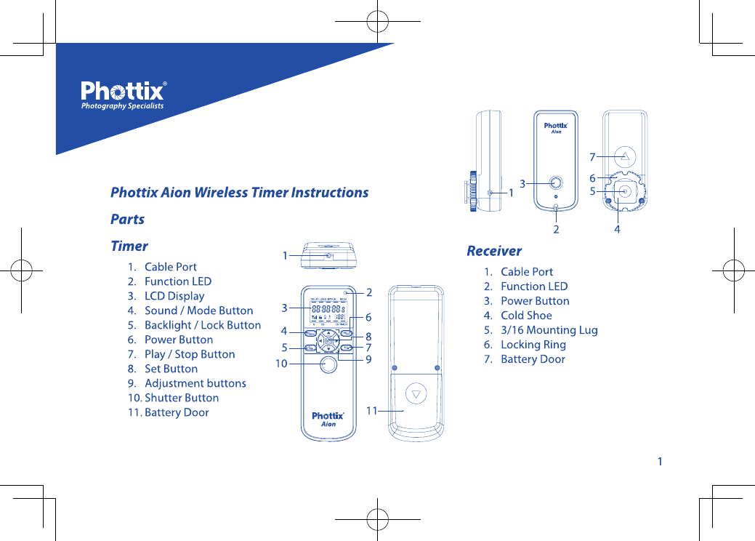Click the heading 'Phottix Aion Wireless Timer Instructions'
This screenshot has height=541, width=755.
pos(239,193)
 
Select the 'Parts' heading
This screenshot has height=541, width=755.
pos(127,220)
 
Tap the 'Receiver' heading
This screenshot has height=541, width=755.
pos(494,251)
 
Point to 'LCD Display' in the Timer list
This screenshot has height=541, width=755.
pos(174,296)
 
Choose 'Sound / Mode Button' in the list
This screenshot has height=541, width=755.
pos(198,310)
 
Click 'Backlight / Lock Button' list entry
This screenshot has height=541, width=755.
pos(202,325)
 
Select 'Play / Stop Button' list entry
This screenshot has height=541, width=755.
pos(189,354)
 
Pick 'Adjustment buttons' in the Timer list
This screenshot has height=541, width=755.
pos(195,383)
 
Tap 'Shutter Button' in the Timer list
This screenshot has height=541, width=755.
pos(181,398)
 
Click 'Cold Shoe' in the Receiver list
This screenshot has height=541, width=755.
pos(526,316)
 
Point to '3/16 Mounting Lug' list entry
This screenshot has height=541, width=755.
pos(549,330)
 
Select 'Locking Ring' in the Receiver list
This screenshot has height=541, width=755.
pos(533,345)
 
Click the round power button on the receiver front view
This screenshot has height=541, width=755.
pos(556,183)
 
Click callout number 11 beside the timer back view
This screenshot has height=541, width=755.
pos(371,411)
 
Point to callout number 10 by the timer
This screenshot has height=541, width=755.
pos(281,364)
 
